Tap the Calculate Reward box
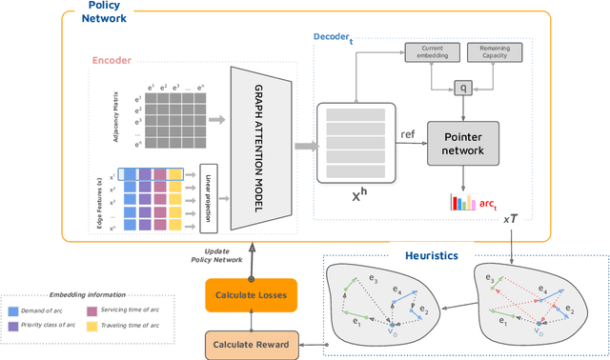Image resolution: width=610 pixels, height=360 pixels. [x=253, y=343]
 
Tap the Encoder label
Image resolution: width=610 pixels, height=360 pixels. [x=112, y=60]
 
